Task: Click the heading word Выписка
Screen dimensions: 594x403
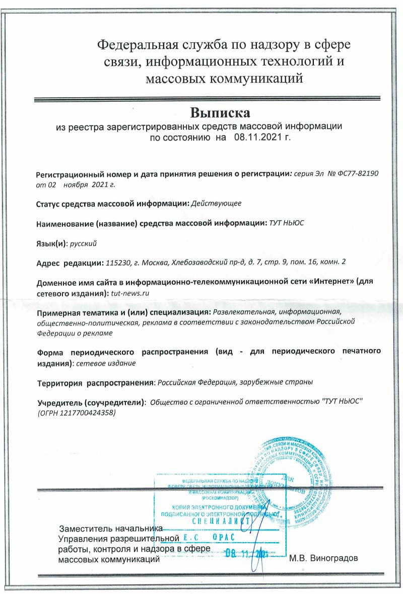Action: [x=220, y=111]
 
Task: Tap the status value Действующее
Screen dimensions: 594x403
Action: [x=217, y=204]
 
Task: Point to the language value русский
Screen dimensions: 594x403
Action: [x=83, y=243]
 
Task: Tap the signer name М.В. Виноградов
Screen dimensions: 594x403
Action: [x=324, y=559]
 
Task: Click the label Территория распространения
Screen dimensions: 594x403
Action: [x=95, y=382]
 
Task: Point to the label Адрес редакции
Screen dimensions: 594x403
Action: [x=69, y=262]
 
